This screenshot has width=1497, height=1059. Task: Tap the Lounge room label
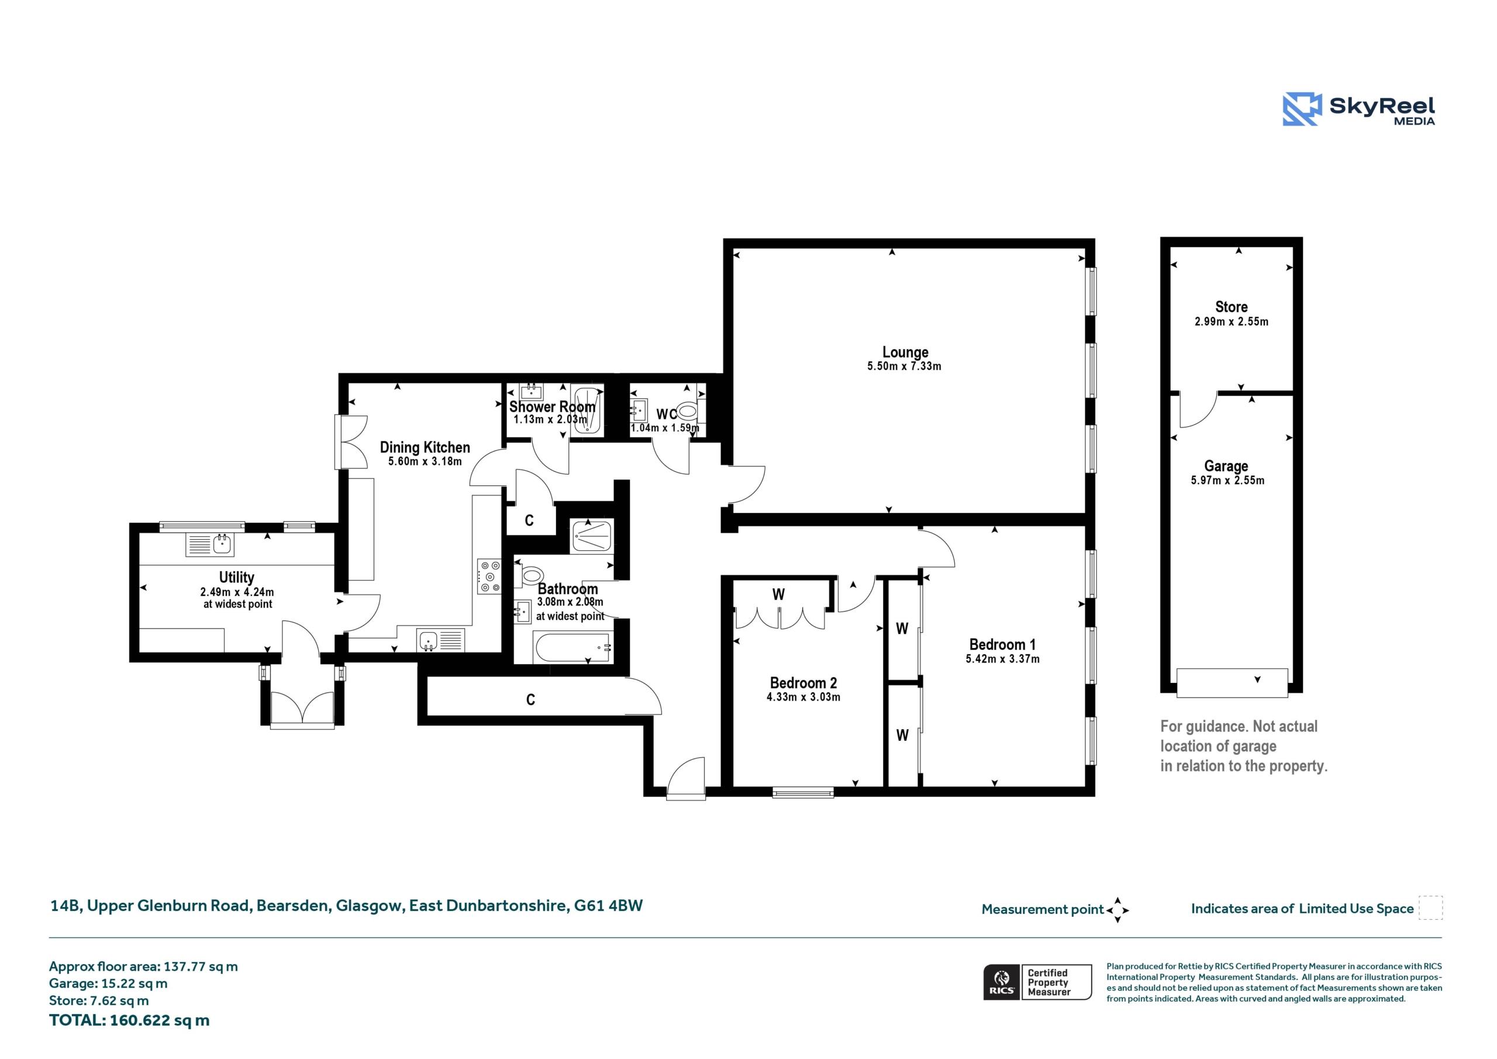point(905,352)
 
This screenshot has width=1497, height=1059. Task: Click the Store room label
point(1231,306)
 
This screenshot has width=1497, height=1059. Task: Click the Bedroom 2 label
point(803,683)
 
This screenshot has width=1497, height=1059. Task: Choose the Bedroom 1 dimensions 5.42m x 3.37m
point(1002,658)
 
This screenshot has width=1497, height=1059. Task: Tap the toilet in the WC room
point(687,412)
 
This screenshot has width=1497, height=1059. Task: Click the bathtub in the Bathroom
point(572,647)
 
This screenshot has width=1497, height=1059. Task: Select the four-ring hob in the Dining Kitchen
point(489,577)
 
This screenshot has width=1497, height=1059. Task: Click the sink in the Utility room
point(210,544)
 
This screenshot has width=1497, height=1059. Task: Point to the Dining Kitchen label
point(425,447)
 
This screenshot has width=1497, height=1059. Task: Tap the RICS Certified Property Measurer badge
point(1037,981)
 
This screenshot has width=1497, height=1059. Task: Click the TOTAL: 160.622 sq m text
point(129,1020)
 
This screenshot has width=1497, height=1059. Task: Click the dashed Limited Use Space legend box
point(1430,908)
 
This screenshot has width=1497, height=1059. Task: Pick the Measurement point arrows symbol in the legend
point(1117,910)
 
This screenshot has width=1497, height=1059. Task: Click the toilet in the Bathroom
point(530,574)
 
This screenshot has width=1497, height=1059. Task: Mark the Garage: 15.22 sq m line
point(108,984)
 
